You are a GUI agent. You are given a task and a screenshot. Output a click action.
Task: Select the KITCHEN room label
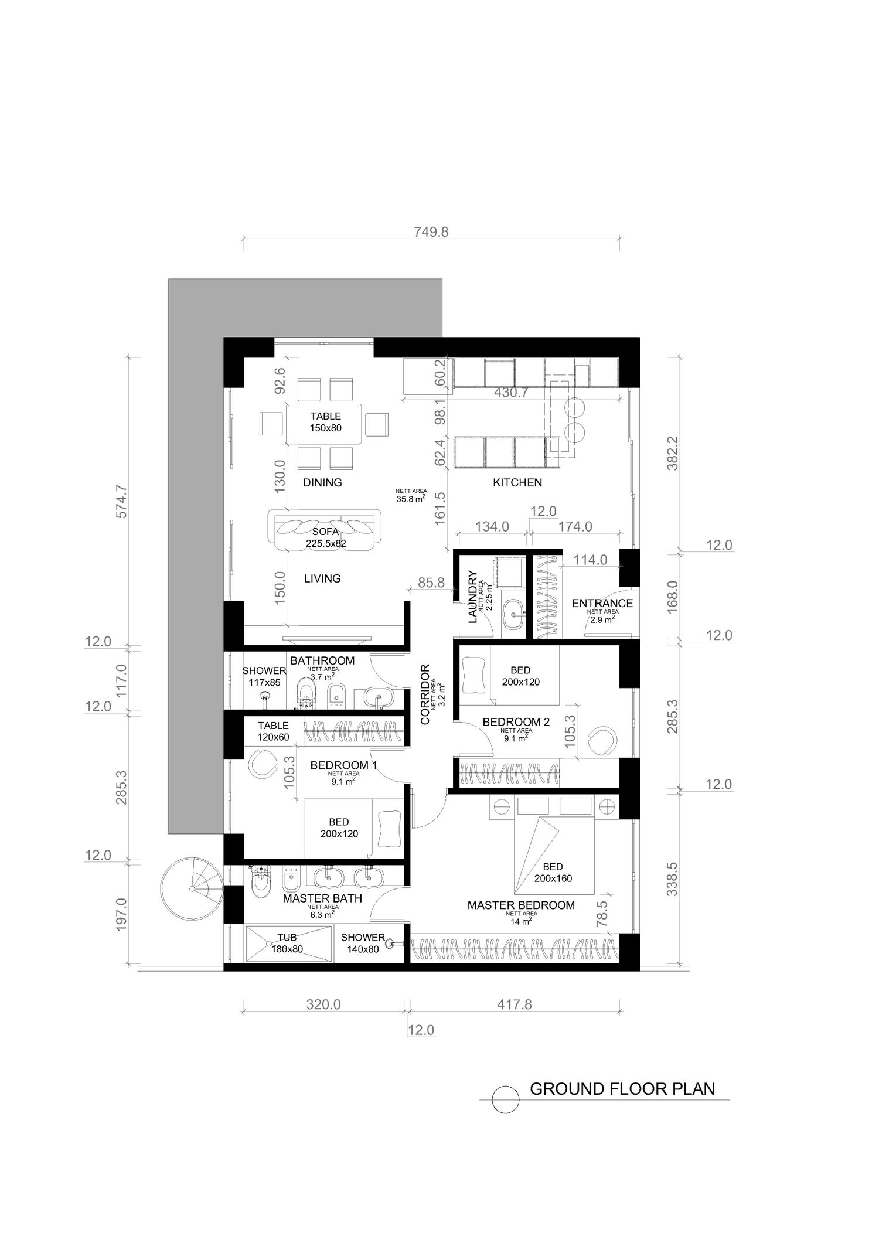click(517, 482)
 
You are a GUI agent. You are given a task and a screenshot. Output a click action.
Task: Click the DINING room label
click(322, 482)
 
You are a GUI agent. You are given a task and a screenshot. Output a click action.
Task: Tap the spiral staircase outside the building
click(192, 889)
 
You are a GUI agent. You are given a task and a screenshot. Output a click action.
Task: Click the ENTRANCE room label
click(602, 603)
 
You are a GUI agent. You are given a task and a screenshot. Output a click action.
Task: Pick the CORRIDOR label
click(425, 694)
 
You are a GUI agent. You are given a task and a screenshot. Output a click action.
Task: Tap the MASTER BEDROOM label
click(521, 905)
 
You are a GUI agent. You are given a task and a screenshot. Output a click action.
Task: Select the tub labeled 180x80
click(287, 944)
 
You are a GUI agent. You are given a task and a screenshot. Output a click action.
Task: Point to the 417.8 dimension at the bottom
click(515, 1004)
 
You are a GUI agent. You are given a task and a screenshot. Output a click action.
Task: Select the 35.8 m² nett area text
click(411, 499)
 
